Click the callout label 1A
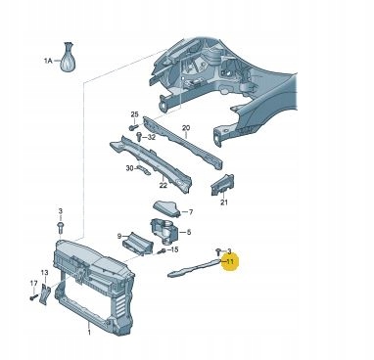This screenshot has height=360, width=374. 48,61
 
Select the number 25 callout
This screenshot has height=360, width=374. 134,114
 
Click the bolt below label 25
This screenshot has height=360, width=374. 134,127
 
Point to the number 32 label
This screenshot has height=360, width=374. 152,137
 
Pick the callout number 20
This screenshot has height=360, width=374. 186,128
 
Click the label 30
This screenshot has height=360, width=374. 129,168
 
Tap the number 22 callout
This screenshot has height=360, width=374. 164,186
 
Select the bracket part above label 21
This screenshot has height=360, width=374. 222,185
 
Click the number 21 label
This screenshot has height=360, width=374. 224,202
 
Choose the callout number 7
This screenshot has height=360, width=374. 191,212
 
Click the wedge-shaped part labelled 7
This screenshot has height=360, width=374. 166,208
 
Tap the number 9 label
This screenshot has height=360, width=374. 119,236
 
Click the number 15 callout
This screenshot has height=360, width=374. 174,249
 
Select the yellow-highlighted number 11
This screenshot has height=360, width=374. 230,261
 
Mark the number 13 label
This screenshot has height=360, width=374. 44,272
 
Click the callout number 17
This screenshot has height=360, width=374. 33,284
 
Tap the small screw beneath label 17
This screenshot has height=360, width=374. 33,297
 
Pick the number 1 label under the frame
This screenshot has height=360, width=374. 89,333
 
